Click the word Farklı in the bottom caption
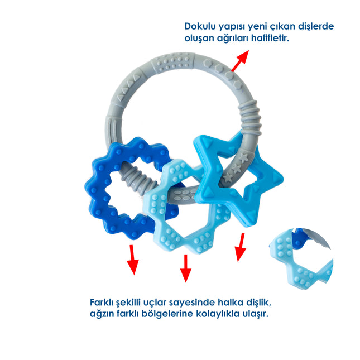tap(104, 302)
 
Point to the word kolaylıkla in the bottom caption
tap(210, 314)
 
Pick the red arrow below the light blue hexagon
tap(185, 268)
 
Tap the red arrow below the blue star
tap(241, 247)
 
